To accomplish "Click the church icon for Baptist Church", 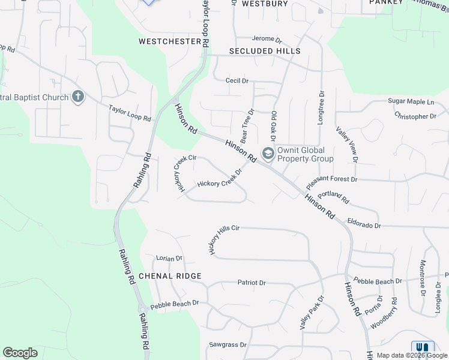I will click(x=77, y=97).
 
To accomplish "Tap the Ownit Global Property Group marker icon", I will click(x=268, y=154).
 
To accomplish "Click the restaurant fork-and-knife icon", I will click(x=423, y=347).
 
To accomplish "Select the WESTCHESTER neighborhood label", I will click(x=169, y=41).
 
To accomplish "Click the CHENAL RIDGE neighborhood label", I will click(x=170, y=276).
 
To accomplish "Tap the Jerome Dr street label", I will click(x=267, y=40).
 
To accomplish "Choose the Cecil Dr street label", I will click(x=237, y=80).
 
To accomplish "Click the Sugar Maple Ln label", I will click(x=411, y=102).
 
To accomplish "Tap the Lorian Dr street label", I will click(x=169, y=259).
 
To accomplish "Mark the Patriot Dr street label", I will click(x=252, y=282).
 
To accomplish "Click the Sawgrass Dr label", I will click(x=228, y=345).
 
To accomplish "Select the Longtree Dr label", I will click(x=321, y=112).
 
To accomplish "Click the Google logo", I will click(x=20, y=353).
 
